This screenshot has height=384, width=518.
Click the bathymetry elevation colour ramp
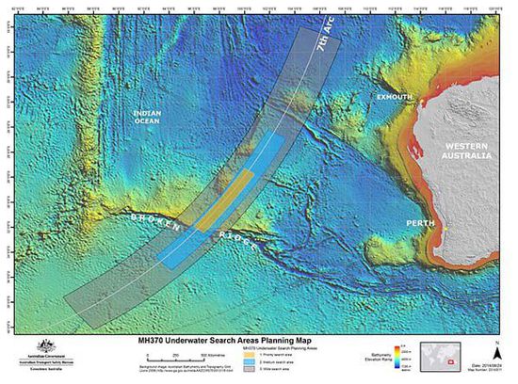click(x=402, y=360)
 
